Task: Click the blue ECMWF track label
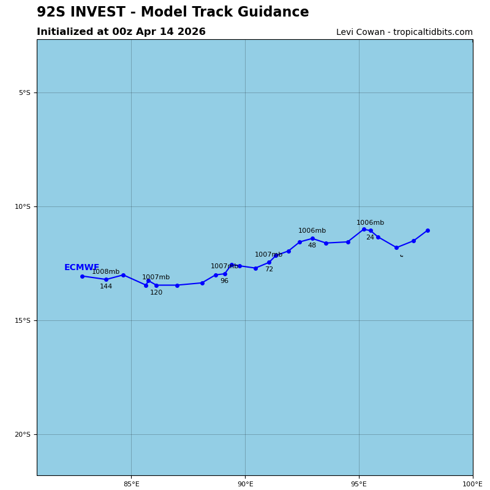[81, 268]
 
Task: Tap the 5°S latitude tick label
[24, 93]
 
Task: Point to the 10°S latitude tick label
[22, 207]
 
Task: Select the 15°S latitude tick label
[22, 321]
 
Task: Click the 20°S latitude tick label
[22, 435]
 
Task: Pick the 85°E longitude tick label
[131, 484]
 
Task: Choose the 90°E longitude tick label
[245, 484]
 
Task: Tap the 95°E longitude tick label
[359, 484]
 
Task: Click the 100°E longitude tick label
[472, 484]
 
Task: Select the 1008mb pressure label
[105, 272]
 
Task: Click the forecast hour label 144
[106, 287]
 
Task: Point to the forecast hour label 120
[156, 293]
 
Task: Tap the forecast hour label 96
[224, 281]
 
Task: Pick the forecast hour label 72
[269, 269]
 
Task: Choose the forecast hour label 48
[312, 246]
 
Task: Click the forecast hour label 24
[370, 238]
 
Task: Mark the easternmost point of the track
[428, 231]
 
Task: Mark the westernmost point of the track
[82, 276]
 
